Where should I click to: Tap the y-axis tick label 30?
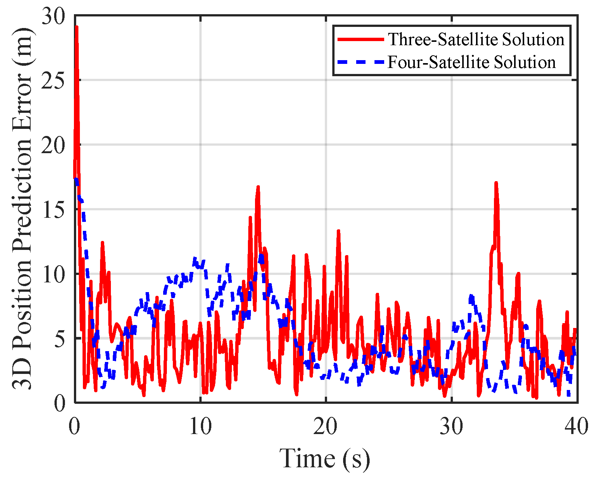pos(53,17)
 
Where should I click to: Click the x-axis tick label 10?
pos(200,426)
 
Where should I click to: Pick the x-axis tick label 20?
pos(326,426)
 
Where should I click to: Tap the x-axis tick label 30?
pos(451,426)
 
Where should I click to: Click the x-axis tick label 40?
pos(576,426)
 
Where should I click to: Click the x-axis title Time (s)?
pos(324,459)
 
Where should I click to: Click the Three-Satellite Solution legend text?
pos(476,39)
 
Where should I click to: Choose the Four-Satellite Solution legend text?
pos(472,62)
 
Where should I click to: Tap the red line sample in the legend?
pos(360,39)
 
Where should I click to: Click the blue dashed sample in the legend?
pos(360,62)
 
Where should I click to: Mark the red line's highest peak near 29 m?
pos(77,27)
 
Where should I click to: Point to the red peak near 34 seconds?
pos(496,183)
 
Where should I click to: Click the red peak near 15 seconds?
pos(258,186)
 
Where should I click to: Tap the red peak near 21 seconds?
pos(338,231)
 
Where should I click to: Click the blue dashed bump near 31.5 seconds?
pos(471,297)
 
